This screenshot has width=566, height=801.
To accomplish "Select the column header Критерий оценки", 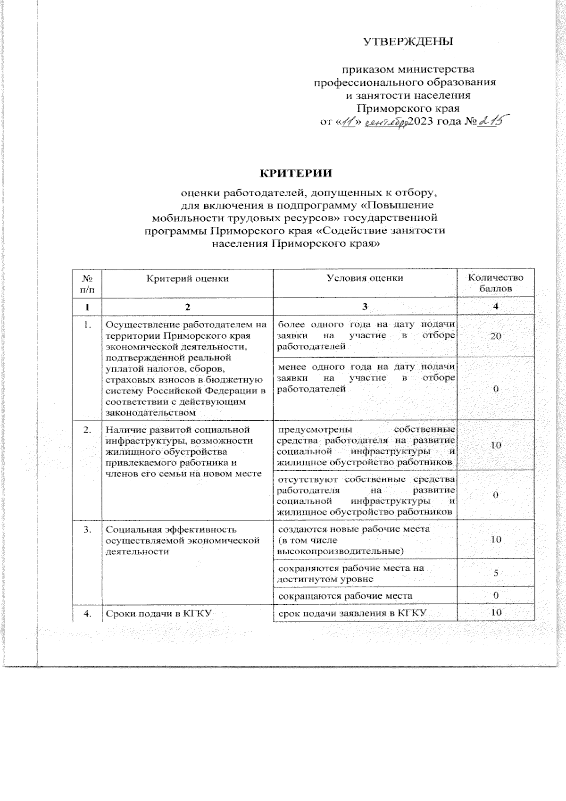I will [188, 278].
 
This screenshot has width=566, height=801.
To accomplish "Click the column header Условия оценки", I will [365, 278].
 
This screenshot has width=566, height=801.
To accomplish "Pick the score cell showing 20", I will [495, 336].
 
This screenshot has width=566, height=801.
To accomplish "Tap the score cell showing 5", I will [496, 573].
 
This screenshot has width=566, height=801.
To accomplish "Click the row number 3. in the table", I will [88, 530].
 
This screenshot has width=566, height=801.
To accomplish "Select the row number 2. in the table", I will [88, 430].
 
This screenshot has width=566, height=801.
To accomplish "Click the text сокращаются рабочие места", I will [345, 596].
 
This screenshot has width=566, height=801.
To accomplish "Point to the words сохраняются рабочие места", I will [350, 568].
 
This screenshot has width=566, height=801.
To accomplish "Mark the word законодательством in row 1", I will [150, 412].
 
